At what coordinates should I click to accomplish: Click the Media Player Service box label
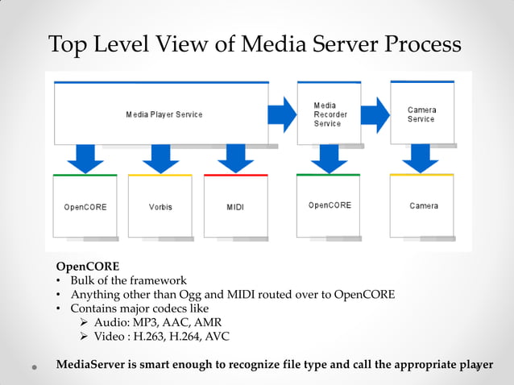[x=164, y=114]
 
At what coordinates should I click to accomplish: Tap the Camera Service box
[x=421, y=114]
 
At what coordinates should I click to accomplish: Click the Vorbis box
[x=160, y=206]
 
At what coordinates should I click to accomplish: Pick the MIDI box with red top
[x=235, y=206]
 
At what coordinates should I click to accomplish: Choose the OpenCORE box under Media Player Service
[x=85, y=206]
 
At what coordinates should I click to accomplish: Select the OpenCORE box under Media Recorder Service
[x=330, y=205]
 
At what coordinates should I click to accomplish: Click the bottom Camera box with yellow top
[x=423, y=205]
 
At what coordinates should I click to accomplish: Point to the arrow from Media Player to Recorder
[x=282, y=114]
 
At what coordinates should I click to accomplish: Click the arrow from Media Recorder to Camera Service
[x=375, y=114]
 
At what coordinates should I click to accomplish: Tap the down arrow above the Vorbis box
[x=160, y=159]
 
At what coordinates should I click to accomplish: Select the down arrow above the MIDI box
[x=235, y=159]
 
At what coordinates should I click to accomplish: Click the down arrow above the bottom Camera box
[x=420, y=158]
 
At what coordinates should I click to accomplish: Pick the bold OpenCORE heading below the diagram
[x=87, y=266]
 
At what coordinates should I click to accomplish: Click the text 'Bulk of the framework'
[x=128, y=280]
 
